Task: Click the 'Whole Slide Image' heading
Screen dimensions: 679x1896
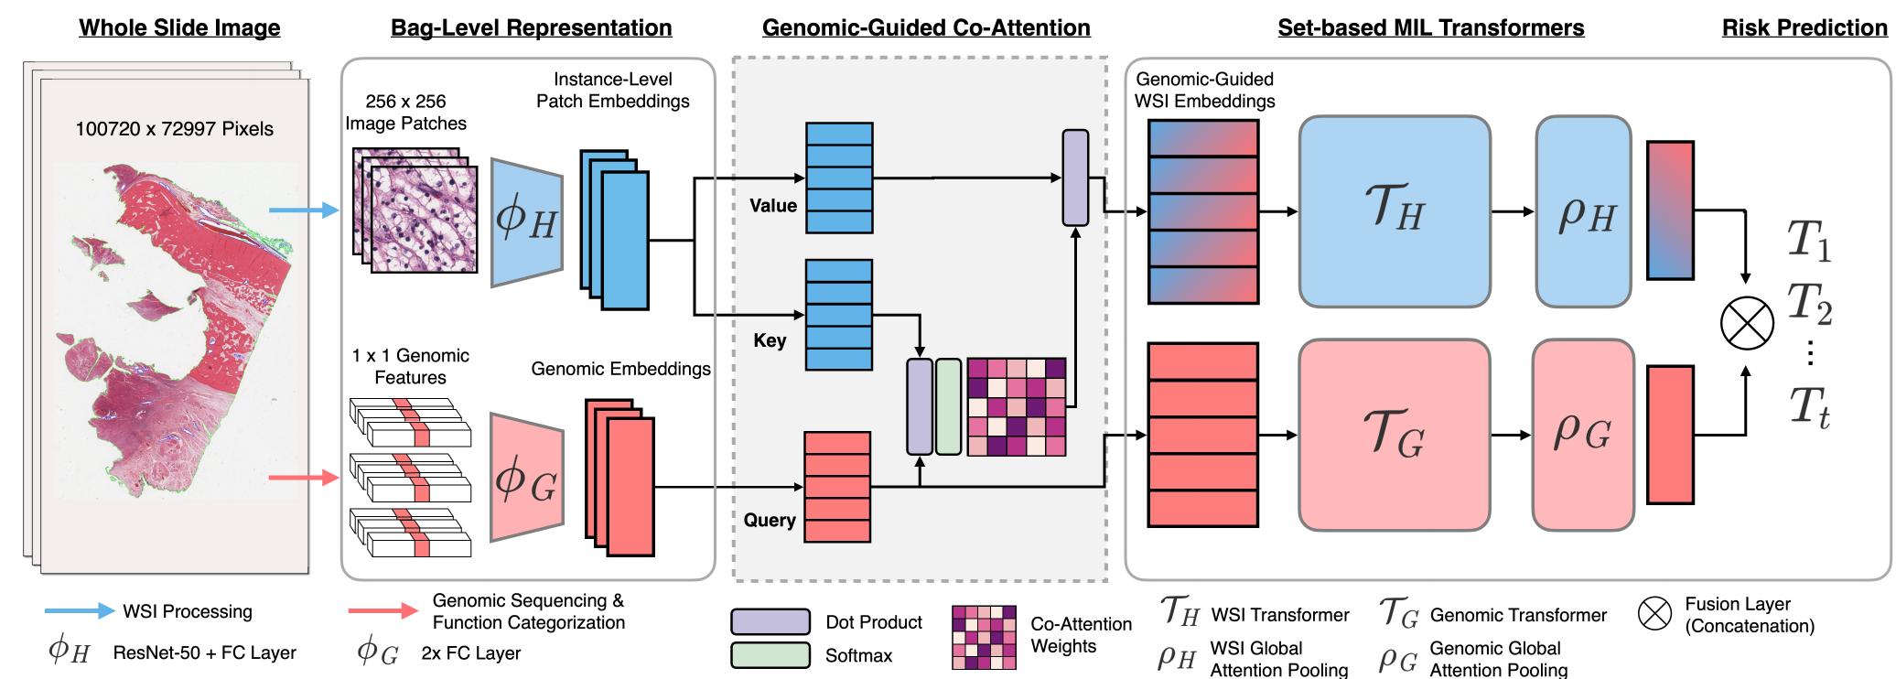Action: [x=179, y=27]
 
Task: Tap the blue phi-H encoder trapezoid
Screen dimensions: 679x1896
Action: [x=526, y=222]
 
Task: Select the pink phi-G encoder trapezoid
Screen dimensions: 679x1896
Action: [x=526, y=477]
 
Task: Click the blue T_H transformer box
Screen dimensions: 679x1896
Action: [x=1394, y=211]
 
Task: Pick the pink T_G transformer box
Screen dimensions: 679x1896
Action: [x=1394, y=435]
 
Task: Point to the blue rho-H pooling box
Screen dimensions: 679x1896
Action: [x=1583, y=211]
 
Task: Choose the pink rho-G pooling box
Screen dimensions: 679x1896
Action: [x=1582, y=435]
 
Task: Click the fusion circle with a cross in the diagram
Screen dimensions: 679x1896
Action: [x=1746, y=324]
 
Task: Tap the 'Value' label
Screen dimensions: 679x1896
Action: [x=773, y=206]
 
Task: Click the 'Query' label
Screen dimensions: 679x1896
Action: [x=770, y=520]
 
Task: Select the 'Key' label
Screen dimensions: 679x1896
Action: [x=770, y=340]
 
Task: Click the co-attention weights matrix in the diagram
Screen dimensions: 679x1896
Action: [x=1016, y=406]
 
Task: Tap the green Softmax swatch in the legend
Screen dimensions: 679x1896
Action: [x=770, y=655]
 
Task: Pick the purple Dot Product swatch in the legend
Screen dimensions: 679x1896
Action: [x=770, y=622]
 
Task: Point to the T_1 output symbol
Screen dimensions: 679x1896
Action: [x=1808, y=241]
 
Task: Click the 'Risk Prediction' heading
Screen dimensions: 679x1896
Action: [x=1804, y=27]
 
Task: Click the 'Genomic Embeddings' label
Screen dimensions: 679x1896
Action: [x=620, y=369]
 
